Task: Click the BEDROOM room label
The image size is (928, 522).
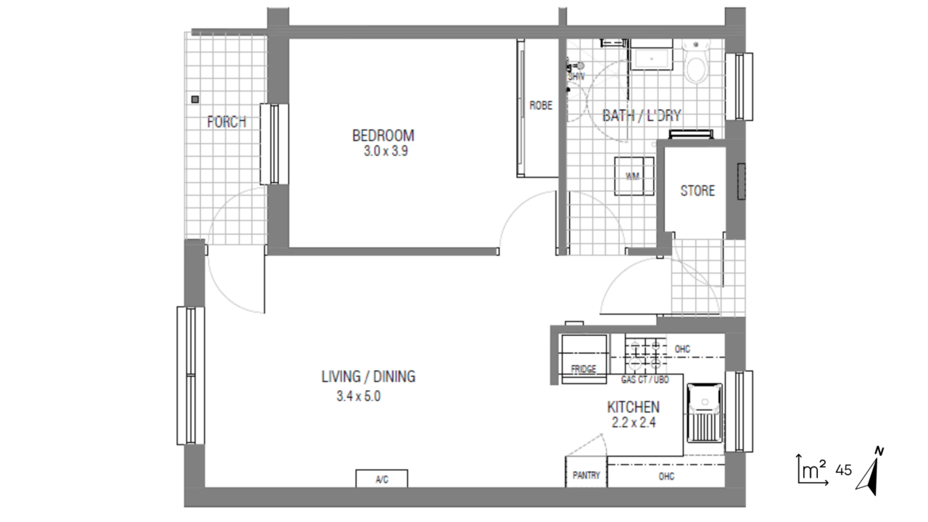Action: point(384,136)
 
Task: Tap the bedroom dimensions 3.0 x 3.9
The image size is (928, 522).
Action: point(386,152)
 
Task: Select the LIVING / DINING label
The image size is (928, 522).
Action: point(368,376)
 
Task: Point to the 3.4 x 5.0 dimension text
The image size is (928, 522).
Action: point(358,397)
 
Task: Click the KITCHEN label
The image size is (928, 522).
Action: point(633,407)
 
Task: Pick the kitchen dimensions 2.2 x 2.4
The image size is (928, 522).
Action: point(634,423)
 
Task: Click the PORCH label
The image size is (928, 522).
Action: point(227,122)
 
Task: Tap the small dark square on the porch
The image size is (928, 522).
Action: point(195,99)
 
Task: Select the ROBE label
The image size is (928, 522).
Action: point(541,106)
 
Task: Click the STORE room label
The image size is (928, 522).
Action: point(697,191)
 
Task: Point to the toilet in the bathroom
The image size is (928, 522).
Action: point(696,62)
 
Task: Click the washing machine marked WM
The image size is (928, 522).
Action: point(634,176)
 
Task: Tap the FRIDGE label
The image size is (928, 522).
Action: point(584,369)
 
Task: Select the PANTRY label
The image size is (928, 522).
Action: point(587,475)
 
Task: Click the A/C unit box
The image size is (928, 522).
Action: point(381,478)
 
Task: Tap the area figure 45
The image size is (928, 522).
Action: point(843,471)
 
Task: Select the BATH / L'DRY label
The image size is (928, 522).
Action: point(642,115)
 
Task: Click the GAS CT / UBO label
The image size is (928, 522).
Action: point(645,379)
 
